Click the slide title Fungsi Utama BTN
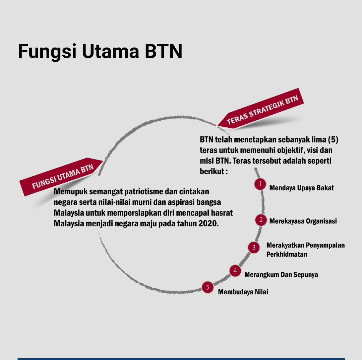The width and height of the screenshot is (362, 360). [100, 51]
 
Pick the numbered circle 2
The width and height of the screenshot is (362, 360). [261, 220]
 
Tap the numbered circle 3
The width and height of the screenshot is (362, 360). [254, 247]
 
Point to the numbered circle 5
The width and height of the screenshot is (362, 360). [208, 287]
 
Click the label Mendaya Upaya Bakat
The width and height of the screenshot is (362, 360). [301, 188]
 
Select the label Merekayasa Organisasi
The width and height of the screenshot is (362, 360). [303, 221]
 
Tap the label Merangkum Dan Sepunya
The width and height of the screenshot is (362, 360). [281, 275]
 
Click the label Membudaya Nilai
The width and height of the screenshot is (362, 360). [243, 292]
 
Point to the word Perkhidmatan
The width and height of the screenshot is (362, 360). [287, 254]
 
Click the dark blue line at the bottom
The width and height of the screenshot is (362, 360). [181, 359]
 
